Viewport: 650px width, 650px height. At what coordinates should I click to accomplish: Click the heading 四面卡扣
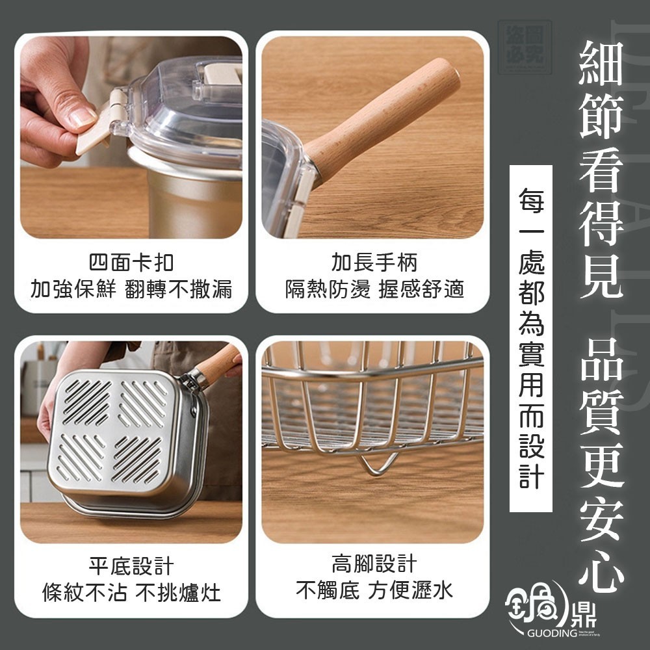tap(131, 263)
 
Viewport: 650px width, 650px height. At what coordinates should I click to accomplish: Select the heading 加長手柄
tap(374, 263)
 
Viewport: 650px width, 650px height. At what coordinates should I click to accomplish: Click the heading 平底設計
tap(131, 565)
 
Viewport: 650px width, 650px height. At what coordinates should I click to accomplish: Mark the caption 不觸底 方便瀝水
tap(374, 590)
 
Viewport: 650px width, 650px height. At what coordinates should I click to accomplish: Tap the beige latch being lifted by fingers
tap(97, 130)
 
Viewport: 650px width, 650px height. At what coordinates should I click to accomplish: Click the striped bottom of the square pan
tap(113, 430)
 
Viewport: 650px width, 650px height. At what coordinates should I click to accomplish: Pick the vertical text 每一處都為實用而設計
tap(531, 338)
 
